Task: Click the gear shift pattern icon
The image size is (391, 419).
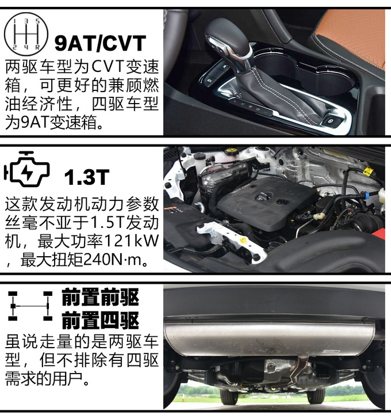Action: tap(26, 34)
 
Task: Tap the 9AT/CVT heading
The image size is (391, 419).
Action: tap(100, 43)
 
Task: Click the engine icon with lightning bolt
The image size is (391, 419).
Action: tap(26, 169)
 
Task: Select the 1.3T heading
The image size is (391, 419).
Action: tap(87, 177)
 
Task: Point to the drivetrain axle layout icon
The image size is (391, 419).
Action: tap(30, 306)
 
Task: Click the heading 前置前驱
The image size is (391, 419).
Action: tap(101, 297)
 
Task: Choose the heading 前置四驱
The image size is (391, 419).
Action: tap(101, 320)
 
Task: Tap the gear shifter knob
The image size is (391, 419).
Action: tap(227, 37)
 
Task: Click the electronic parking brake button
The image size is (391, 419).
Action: tap(331, 121)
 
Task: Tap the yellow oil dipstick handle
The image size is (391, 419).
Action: tap(243, 239)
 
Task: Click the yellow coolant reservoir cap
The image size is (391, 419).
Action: tap(231, 151)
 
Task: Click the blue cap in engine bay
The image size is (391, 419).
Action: tap(368, 195)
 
